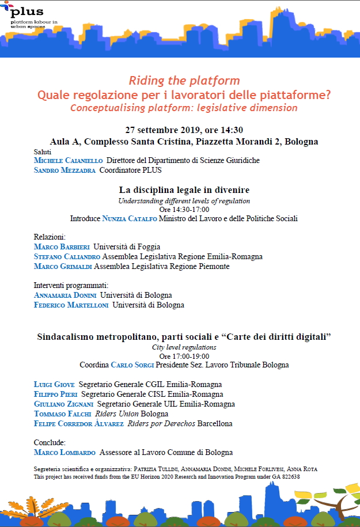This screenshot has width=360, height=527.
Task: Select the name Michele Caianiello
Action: (68, 160)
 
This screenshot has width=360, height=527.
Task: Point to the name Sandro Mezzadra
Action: (65, 170)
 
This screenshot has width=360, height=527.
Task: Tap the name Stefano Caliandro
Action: (67, 256)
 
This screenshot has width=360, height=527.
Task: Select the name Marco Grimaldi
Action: (63, 267)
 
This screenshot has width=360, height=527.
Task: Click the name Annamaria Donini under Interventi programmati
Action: (65, 295)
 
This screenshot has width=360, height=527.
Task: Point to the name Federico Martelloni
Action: (71, 305)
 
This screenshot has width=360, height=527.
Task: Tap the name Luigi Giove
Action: (54, 384)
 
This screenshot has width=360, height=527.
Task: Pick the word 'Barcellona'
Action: (215, 424)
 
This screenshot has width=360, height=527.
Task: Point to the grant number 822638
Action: (288, 477)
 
